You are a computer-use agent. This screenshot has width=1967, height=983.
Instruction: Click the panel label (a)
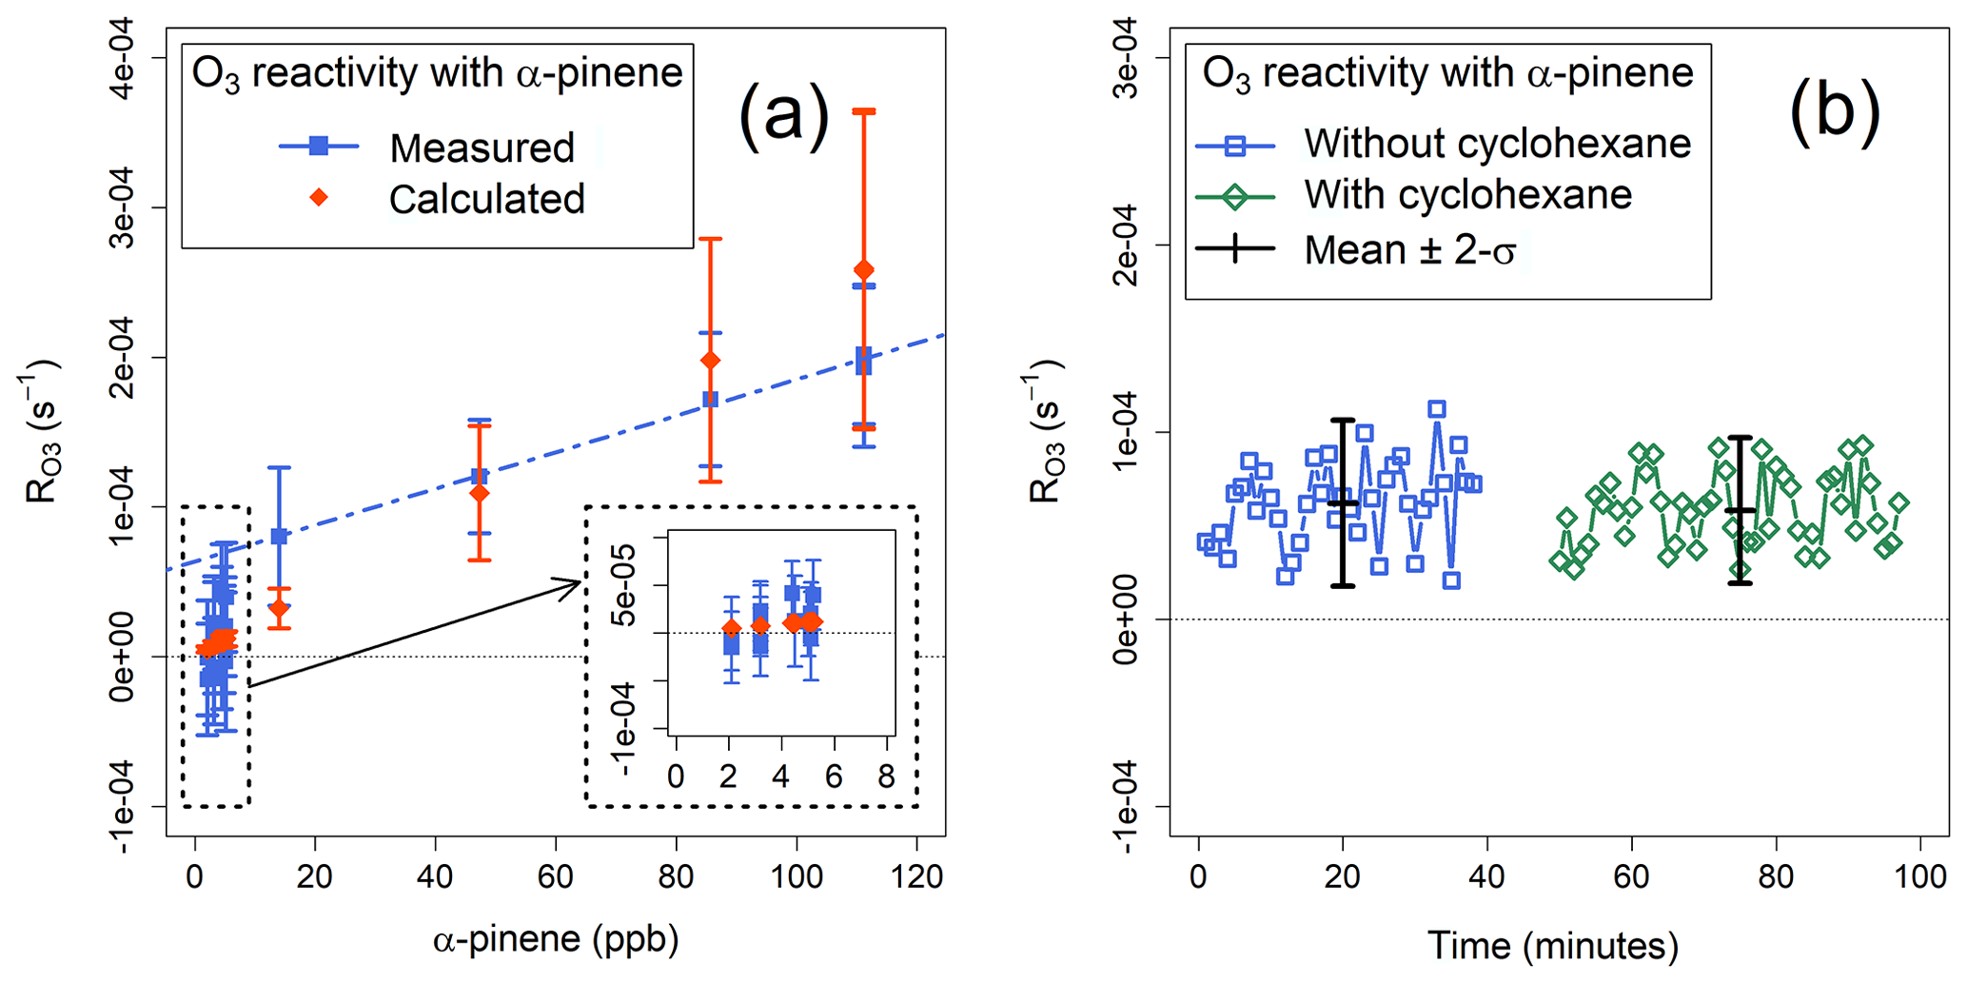click(784, 113)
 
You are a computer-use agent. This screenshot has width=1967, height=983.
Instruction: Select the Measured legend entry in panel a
click(482, 147)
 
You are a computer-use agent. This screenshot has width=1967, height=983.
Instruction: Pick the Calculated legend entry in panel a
click(486, 199)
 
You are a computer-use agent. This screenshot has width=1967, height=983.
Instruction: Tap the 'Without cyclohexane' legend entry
click(1497, 144)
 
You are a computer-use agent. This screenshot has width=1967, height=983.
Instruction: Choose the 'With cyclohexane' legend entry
click(1467, 195)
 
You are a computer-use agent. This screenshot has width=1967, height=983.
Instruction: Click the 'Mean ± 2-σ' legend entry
click(1409, 250)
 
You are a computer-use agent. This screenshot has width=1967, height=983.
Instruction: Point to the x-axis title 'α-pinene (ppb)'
click(556, 939)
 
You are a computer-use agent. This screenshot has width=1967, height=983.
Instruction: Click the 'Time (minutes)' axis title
click(1552, 945)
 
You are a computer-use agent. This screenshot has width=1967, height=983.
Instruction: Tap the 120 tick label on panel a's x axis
click(916, 876)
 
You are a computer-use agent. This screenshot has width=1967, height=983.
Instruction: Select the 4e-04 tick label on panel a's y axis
click(123, 58)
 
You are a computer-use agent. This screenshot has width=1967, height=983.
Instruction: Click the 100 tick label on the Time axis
click(1919, 876)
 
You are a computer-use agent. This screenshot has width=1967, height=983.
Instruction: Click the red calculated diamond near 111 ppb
click(863, 270)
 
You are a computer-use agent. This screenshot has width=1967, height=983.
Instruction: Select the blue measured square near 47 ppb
click(480, 476)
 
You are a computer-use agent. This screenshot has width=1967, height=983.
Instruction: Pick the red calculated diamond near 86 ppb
click(710, 361)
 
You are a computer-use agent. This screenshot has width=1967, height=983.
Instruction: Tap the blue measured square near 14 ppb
click(279, 537)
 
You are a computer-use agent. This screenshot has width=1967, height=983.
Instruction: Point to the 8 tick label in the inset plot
click(886, 777)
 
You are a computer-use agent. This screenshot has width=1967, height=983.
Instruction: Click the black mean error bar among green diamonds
click(1740, 511)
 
